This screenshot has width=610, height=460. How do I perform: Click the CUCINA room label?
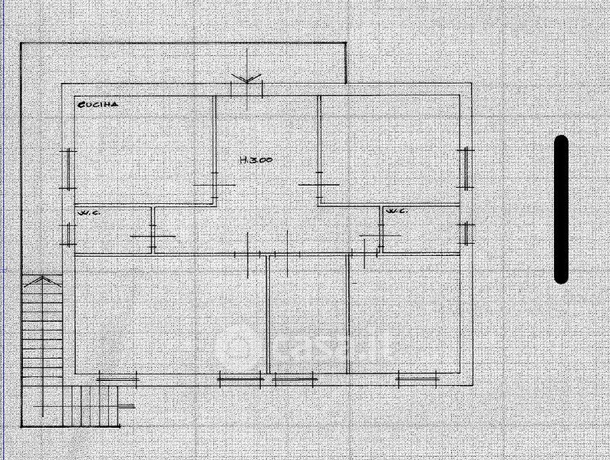[97, 105]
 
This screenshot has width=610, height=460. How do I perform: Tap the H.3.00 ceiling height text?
[256, 160]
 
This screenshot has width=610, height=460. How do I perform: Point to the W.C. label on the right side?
[395, 211]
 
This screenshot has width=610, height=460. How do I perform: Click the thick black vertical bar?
[561, 209]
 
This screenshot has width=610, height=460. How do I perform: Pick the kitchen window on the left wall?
[69, 168]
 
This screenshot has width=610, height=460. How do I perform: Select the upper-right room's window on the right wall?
[465, 167]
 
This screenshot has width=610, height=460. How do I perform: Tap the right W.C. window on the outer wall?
[465, 232]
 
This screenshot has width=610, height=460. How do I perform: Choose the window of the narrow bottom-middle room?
[295, 378]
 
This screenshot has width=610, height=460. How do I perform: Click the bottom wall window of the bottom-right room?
[417, 378]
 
